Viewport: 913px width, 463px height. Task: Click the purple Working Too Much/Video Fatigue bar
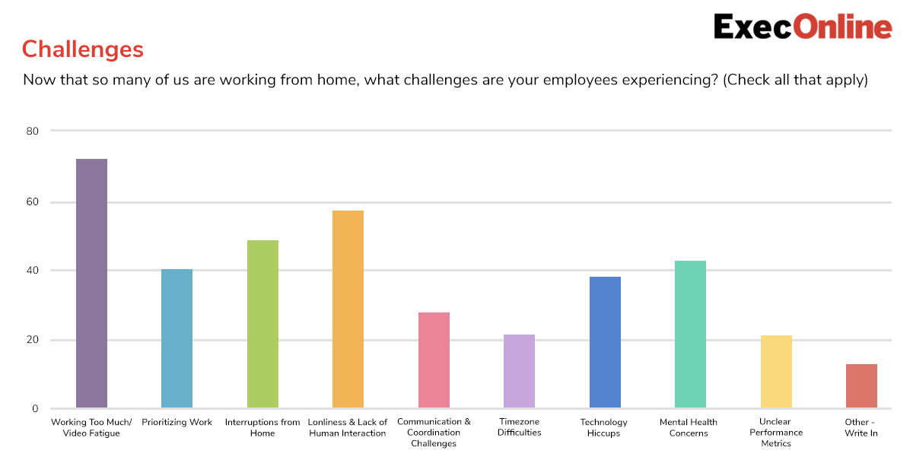[x=92, y=283]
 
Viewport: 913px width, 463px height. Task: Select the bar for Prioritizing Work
[x=177, y=338]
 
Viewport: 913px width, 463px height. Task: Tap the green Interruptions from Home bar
[x=263, y=324]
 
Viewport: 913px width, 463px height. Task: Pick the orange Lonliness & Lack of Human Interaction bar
[x=348, y=309]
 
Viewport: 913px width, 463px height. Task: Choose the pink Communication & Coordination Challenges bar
[x=434, y=360]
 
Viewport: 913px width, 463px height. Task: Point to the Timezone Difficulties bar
[x=519, y=371]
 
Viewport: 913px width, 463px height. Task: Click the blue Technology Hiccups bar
[x=606, y=342]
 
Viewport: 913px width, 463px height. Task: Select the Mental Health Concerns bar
[x=691, y=334]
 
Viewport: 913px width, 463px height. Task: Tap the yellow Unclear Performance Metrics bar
[x=777, y=371]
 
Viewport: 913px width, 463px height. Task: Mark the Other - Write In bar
[x=861, y=385]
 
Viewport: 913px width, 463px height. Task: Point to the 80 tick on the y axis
[x=32, y=131]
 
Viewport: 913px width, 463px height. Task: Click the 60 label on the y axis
[x=32, y=202]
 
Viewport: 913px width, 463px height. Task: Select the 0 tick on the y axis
[x=35, y=409]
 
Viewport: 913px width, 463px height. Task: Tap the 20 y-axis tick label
[x=32, y=340]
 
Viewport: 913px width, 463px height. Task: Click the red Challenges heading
[x=83, y=49]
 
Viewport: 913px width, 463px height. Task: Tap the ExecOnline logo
[x=803, y=27]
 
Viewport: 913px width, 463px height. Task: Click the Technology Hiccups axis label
[x=603, y=427]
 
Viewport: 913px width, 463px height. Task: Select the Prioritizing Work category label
[x=177, y=422]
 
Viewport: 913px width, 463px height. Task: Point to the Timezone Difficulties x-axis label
[x=519, y=427]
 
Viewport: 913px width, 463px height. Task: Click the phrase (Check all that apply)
[x=795, y=80]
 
